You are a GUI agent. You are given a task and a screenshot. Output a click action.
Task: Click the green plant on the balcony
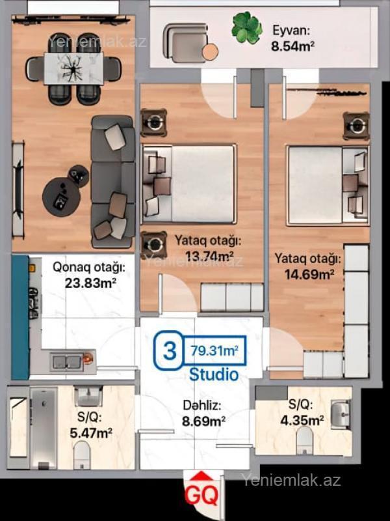(x=247, y=27)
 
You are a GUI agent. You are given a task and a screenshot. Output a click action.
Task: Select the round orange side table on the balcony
(x=210, y=52)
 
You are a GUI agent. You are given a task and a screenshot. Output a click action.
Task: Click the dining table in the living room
(x=73, y=69)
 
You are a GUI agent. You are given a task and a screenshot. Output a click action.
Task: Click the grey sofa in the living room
(x=112, y=182)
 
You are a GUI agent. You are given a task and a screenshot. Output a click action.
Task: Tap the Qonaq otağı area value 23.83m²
(x=90, y=283)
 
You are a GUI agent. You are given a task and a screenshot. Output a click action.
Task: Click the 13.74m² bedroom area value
(x=209, y=256)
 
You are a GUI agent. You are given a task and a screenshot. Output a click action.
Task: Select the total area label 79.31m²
(x=214, y=350)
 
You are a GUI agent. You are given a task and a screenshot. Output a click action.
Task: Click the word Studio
(x=214, y=374)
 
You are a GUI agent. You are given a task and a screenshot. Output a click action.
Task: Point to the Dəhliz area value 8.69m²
(x=204, y=421)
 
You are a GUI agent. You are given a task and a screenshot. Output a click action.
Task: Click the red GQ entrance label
(x=201, y=495)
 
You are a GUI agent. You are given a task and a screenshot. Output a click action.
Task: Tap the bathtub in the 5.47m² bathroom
(x=44, y=428)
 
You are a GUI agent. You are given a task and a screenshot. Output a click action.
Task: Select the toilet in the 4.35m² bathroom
(x=305, y=440)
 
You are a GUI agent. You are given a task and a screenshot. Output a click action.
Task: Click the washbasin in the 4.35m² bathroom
(x=340, y=414)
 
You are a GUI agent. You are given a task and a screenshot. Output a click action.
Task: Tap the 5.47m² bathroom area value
(x=91, y=433)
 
